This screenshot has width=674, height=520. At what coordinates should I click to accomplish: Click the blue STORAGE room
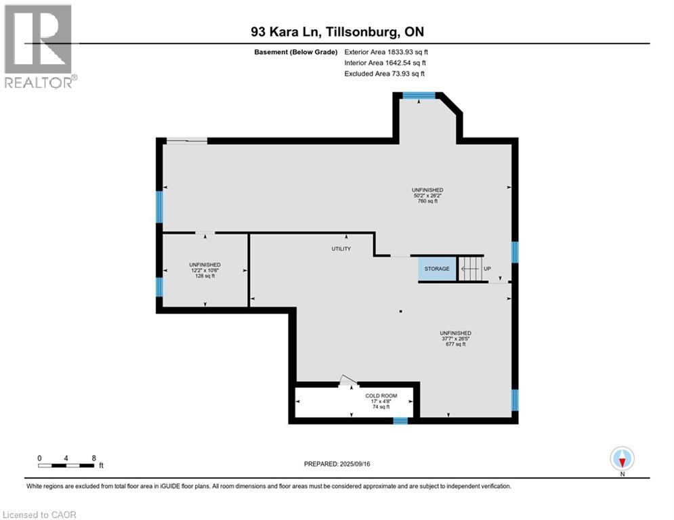[437, 269]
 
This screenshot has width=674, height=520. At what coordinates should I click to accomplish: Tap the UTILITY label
[341, 249]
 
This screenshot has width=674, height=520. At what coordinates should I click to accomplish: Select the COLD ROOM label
[381, 395]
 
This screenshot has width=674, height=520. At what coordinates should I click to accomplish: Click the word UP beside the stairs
[486, 269]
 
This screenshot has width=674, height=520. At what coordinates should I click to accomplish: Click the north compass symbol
[622, 459]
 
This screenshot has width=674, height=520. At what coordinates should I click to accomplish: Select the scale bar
[66, 465]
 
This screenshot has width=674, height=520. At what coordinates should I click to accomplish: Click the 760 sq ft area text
[427, 201]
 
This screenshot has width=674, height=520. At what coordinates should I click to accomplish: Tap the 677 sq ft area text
[455, 344]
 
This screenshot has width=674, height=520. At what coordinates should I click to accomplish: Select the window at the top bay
[419, 95]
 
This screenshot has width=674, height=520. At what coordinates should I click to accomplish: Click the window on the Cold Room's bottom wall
[400, 420]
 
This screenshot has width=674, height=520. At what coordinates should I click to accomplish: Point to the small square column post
[401, 311]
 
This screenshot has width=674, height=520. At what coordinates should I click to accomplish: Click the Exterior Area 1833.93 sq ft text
[386, 51]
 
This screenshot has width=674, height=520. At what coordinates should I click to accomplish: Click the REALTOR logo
[39, 45]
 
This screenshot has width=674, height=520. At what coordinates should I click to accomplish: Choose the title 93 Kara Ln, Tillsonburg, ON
[337, 32]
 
